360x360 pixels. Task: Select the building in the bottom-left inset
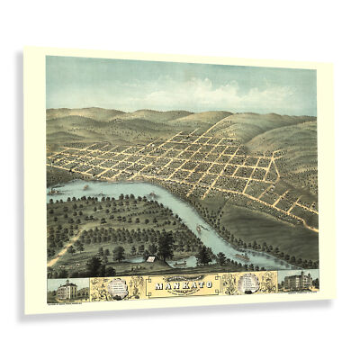pyautogui.click(x=67, y=290)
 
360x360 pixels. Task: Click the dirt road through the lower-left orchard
pyautogui.click(x=67, y=247)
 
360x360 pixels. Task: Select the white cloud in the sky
pyautogui.click(x=184, y=91)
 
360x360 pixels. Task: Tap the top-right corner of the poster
pyautogui.click(x=334, y=63)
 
